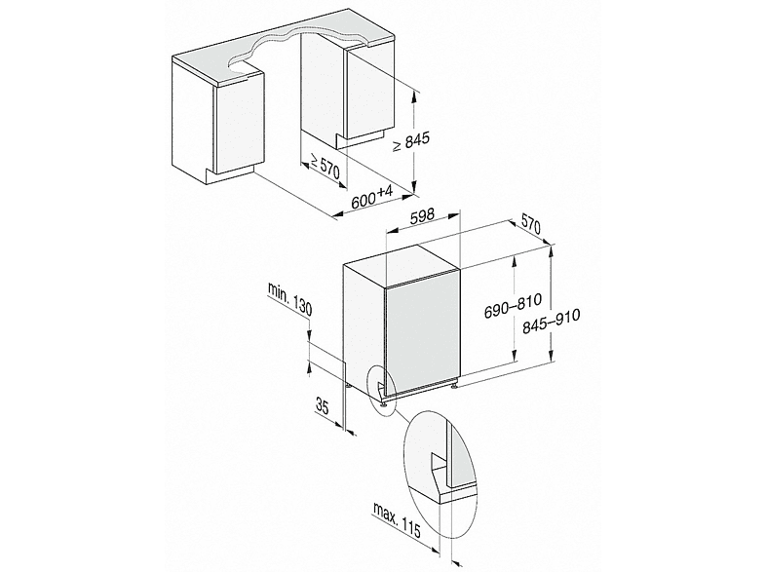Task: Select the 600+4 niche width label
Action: tap(370, 195)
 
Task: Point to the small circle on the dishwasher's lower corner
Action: tap(381, 387)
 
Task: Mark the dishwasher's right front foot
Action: tap(456, 387)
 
